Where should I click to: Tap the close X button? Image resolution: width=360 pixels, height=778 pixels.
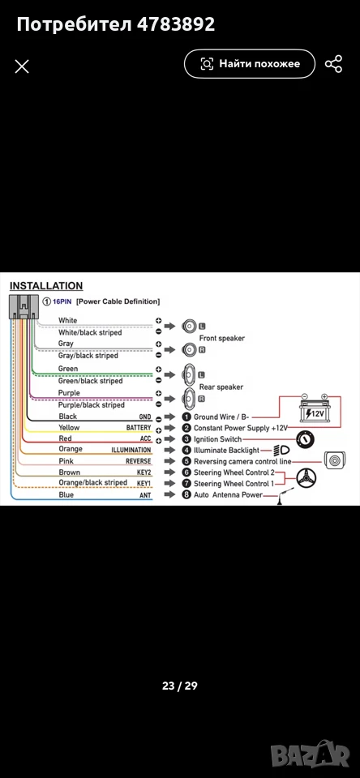22,66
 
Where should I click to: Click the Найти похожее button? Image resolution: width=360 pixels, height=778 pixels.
250,63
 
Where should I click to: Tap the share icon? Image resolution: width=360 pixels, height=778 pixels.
334,64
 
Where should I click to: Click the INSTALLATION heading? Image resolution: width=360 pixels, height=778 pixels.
46,286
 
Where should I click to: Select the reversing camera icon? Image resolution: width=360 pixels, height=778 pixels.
334,460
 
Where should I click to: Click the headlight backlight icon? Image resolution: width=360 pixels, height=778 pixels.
278,451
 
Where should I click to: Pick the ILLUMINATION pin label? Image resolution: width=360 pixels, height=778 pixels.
131,450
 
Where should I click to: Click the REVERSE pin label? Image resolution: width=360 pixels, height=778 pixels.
138,461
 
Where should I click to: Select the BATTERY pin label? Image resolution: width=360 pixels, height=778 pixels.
139,428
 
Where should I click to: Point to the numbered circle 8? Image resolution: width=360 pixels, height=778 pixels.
186,494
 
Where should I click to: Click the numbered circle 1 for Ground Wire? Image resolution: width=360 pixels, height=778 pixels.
186,417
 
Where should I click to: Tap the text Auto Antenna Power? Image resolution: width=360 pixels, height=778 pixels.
228,495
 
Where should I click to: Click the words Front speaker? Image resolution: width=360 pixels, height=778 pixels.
222,339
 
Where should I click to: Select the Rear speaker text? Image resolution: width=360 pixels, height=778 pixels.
221,387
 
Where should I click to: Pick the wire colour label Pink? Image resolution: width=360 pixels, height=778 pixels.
66,461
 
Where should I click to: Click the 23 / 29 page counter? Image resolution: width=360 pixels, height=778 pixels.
180,686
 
